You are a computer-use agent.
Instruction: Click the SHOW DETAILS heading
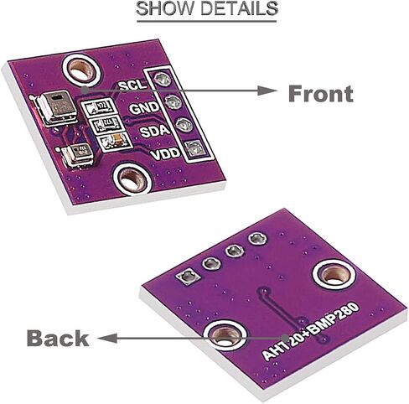point(207,8)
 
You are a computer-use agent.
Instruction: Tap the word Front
point(321,94)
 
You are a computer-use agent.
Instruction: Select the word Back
point(58,338)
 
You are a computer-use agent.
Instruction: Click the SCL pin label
point(132,85)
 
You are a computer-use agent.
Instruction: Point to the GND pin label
point(144,108)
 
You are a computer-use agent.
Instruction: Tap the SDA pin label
point(155,131)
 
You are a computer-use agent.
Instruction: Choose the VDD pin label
point(165,153)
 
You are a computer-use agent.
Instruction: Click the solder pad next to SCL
point(162,80)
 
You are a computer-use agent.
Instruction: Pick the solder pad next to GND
point(173,101)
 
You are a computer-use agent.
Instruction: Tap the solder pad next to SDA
point(184,125)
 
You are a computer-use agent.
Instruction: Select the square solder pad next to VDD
point(194,148)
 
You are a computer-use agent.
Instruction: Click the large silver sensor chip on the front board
point(58,107)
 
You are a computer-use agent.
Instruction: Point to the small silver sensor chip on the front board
point(77,155)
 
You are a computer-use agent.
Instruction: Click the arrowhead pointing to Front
point(267,91)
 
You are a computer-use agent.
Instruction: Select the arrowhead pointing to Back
point(107,338)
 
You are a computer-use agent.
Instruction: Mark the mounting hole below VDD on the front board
point(132,179)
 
